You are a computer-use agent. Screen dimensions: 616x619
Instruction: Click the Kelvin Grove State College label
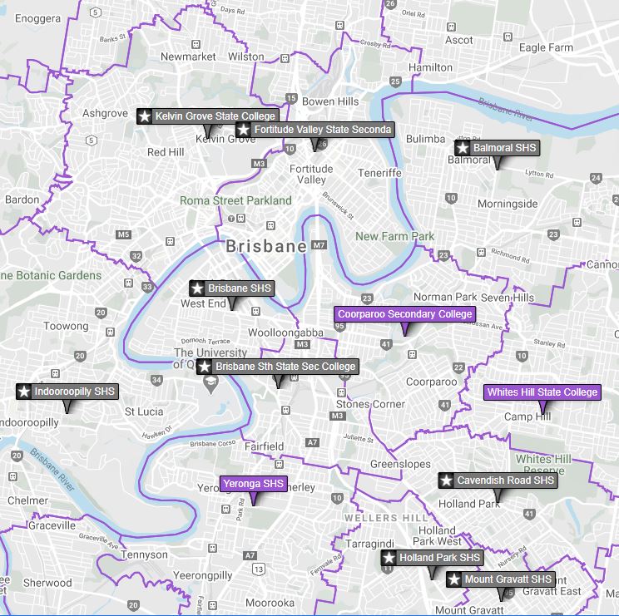(x=208, y=116)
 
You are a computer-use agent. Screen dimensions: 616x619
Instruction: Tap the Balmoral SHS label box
(x=497, y=148)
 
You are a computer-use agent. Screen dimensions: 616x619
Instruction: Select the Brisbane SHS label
(x=231, y=288)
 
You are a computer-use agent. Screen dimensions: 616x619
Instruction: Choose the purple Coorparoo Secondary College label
(x=405, y=314)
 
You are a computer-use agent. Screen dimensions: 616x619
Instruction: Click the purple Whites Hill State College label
(x=542, y=392)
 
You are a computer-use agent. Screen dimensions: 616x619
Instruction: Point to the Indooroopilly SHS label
(x=67, y=392)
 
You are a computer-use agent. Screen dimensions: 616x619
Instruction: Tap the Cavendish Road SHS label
(x=498, y=480)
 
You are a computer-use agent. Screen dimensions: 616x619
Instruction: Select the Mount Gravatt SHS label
(x=500, y=579)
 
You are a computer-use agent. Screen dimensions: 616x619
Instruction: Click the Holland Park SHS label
(x=432, y=558)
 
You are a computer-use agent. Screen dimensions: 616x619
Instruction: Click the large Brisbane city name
(x=266, y=247)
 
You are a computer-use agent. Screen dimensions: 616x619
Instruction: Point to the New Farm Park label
(x=395, y=237)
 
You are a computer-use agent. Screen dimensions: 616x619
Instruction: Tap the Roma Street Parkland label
(x=235, y=200)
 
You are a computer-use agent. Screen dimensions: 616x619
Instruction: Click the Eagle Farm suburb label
(x=546, y=47)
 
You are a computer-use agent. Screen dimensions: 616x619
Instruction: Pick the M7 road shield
(x=319, y=246)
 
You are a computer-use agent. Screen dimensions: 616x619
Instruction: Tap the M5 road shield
(x=123, y=234)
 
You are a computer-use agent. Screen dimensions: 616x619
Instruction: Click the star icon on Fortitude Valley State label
(x=244, y=130)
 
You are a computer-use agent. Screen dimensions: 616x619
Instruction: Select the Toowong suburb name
(x=66, y=327)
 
